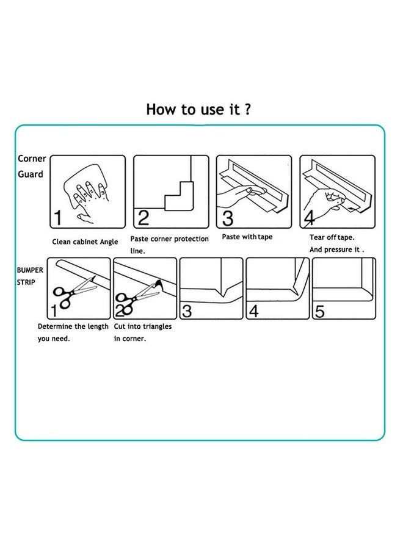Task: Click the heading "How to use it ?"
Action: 197,109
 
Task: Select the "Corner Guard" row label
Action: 32,167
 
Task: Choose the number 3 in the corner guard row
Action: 227,218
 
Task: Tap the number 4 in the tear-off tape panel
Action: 309,218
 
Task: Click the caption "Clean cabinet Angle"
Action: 85,242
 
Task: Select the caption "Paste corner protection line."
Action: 169,245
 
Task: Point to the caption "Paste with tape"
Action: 247,237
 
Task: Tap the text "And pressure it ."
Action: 336,250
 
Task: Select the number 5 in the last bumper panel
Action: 319,311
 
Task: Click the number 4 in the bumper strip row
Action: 253,312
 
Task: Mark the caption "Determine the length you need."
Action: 73,332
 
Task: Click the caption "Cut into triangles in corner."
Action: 142,332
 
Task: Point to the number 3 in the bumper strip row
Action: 187,312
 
